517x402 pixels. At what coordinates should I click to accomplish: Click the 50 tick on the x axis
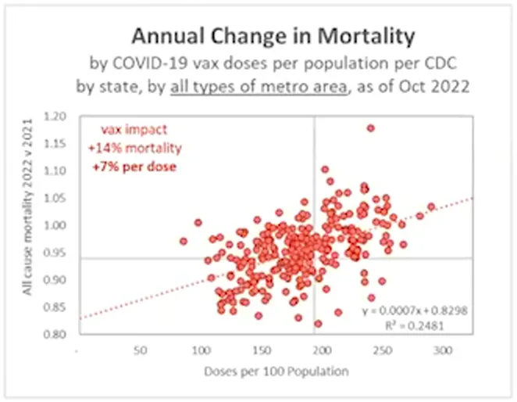pos(141,351)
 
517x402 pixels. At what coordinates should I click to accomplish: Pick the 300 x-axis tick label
pos(444,351)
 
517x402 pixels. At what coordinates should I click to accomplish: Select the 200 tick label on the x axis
pos(323,351)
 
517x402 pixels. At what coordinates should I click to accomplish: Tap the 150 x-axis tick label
pos(262,351)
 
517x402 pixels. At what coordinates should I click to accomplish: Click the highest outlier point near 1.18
pos(370,127)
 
